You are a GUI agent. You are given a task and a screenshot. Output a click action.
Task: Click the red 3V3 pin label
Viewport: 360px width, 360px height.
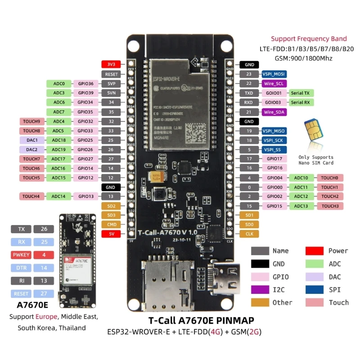pos(111,64)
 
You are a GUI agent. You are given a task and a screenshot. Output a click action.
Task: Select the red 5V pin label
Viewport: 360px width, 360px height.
pos(111,234)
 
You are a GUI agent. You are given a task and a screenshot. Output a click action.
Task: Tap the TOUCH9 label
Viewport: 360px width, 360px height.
pos(31,121)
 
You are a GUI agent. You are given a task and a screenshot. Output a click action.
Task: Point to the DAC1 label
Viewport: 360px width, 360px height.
pos(31,140)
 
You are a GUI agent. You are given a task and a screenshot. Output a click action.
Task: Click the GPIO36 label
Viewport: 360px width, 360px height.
pos(85,84)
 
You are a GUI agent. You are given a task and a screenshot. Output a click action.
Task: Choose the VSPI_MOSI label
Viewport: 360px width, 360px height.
pos(274,74)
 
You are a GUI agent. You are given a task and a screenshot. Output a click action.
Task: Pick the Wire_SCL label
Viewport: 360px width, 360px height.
pos(274,84)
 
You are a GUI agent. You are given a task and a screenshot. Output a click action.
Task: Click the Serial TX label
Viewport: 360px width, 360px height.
pos(300,93)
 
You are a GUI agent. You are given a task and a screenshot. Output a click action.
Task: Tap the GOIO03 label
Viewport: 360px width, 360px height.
pos(274,103)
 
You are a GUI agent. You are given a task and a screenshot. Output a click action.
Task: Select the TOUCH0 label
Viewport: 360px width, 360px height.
pos(330,178)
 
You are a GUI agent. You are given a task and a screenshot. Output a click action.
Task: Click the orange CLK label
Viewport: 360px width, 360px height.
pos(249,234)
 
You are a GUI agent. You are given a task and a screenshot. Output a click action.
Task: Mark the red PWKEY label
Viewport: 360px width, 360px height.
pos(22,255)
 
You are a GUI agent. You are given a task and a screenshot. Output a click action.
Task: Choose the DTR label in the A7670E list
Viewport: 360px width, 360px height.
pos(22,268)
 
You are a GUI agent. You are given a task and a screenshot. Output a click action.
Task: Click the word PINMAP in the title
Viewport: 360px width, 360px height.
pos(233,320)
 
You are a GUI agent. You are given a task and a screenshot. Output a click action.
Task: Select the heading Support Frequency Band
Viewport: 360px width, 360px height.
pos(309,39)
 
